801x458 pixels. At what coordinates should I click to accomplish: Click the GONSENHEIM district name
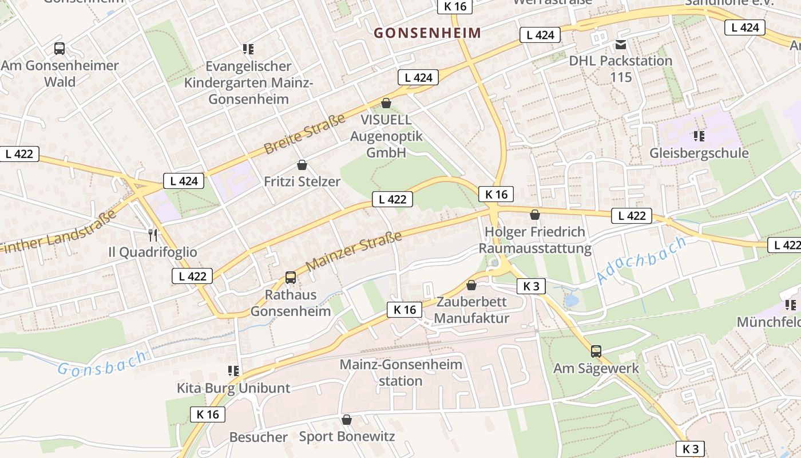pyautogui.click(x=427, y=33)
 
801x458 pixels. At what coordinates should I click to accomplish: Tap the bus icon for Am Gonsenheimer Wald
pyautogui.click(x=60, y=49)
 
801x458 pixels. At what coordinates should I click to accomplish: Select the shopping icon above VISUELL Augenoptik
pyautogui.click(x=386, y=103)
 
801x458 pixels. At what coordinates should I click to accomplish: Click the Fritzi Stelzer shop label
pyautogui.click(x=302, y=182)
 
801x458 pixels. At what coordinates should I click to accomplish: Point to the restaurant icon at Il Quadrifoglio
pyautogui.click(x=153, y=235)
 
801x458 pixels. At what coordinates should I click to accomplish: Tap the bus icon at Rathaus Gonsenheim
pyautogui.click(x=291, y=278)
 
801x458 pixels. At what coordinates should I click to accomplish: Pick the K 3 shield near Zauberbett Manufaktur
pyautogui.click(x=531, y=286)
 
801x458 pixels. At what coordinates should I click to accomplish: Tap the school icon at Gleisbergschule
pyautogui.click(x=699, y=136)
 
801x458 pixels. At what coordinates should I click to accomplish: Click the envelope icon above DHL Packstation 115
pyautogui.click(x=621, y=44)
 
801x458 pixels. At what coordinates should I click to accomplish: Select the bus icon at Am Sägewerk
pyautogui.click(x=596, y=351)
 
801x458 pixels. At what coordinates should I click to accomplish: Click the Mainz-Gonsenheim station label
pyautogui.click(x=400, y=373)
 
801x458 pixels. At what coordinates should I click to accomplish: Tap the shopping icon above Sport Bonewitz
pyautogui.click(x=346, y=420)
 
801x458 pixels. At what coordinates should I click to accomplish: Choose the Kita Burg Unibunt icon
pyautogui.click(x=233, y=371)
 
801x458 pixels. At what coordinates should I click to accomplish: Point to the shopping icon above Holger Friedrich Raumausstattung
pyautogui.click(x=535, y=215)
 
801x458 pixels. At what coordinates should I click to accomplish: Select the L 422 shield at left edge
pyautogui.click(x=19, y=153)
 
